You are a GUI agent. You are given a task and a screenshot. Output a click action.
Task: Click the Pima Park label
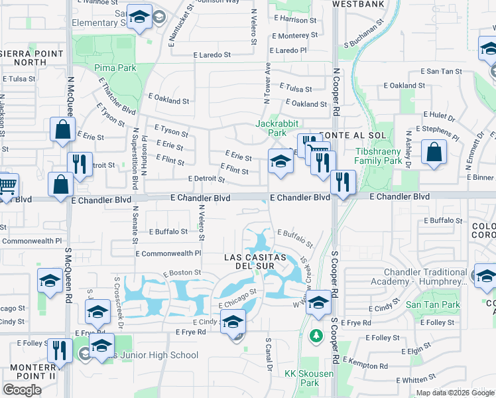pos(115,68)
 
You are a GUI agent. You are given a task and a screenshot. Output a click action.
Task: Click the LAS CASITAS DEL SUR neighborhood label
pos(255,261)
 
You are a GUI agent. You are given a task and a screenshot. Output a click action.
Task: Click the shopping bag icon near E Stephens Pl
pos(433,152)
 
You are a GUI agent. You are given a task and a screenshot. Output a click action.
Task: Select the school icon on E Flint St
pos(280,161)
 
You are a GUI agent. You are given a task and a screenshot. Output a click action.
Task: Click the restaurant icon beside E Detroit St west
pos(80,164)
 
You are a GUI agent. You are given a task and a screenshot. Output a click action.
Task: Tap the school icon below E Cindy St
pos(233,321)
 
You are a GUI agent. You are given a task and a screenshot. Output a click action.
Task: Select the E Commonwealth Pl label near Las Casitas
pos(168,253)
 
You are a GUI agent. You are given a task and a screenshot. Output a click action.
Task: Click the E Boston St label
pos(182,273)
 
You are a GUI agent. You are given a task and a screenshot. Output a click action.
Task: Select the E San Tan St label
pos(442,71)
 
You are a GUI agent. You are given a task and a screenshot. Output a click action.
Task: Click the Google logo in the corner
pos(22,389)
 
